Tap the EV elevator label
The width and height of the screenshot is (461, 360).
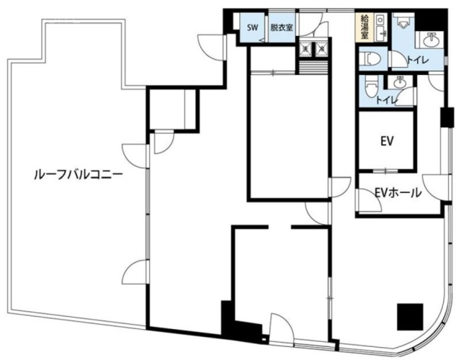[x=386, y=141]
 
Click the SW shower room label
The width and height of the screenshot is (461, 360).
[x=252, y=28]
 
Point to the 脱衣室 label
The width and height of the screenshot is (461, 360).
[x=281, y=28]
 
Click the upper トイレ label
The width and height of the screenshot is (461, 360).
[x=416, y=61]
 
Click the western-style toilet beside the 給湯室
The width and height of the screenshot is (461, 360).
[x=368, y=58]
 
